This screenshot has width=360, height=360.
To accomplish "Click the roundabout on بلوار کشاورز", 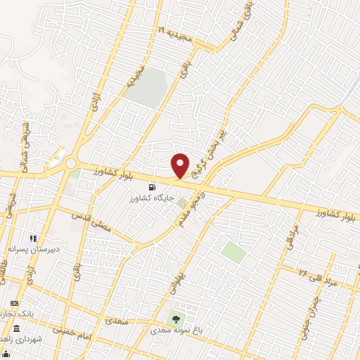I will pos(70,163).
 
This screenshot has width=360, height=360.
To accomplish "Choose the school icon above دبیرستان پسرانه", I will pos(33,239).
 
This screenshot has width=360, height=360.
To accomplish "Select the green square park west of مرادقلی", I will pos(233,251).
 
